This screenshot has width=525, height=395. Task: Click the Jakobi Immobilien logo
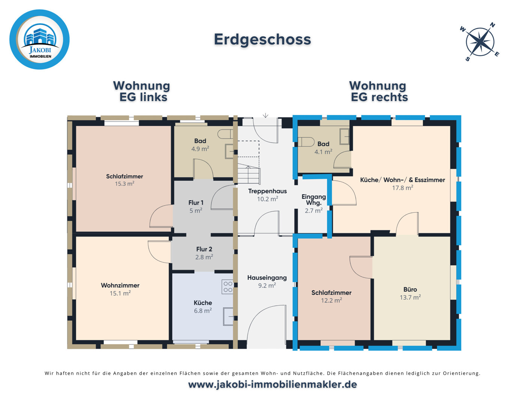coord(39,39)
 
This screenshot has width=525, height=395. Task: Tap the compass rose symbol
coord(480,42)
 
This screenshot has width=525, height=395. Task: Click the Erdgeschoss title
coord(262,39)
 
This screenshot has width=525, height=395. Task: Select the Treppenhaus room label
coord(267,191)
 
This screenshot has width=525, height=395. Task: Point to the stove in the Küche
coord(228,287)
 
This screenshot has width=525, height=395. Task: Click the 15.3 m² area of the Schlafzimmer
coord(124,184)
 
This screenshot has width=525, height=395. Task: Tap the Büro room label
coord(410,289)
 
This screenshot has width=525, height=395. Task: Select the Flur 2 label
coord(204,249)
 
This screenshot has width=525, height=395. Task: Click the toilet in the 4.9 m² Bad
coord(225,134)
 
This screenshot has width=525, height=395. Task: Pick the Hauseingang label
coord(267,278)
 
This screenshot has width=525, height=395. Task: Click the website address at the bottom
coord(272,384)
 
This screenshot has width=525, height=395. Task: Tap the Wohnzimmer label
coord(120,285)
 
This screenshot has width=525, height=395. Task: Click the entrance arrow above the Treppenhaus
coord(265,115)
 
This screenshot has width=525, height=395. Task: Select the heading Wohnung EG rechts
coord(378,91)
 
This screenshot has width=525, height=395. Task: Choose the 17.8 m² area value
coord(402,188)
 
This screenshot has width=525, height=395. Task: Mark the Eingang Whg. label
coord(313,199)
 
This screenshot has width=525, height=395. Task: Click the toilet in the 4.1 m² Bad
coord(307,142)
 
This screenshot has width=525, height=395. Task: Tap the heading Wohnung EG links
coord(142,91)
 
